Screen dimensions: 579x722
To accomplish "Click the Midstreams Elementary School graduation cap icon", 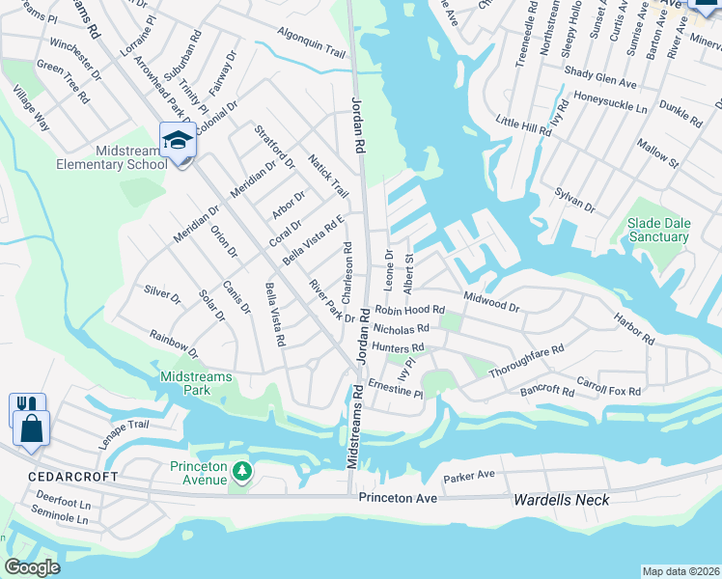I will tap(179, 142).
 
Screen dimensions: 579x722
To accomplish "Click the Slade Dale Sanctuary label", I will tap(658, 230).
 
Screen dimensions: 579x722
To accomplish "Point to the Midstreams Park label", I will tap(184, 383).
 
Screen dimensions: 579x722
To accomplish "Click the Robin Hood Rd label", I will tap(409, 311).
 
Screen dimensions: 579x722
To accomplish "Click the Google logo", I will tap(32, 566).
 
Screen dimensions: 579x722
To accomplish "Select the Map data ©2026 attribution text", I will tap(680, 571).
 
